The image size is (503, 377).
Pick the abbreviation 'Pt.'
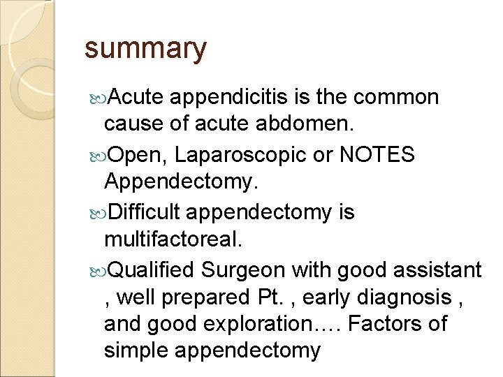265,297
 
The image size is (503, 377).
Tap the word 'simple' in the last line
137,350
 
